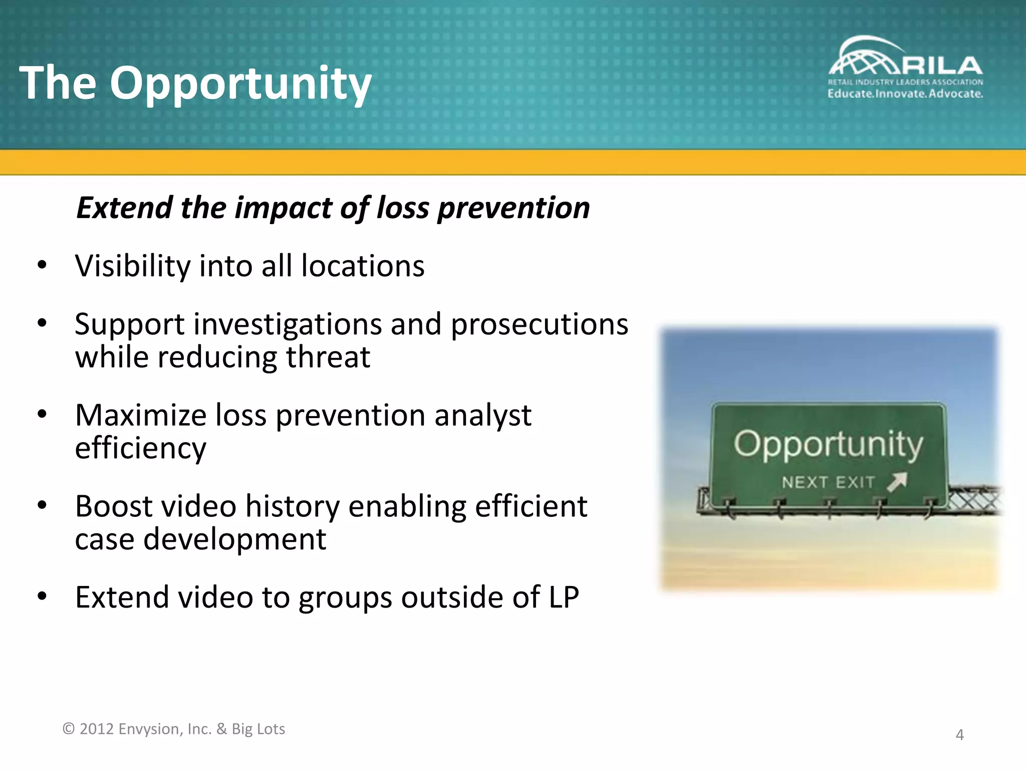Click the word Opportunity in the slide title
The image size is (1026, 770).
tap(240, 84)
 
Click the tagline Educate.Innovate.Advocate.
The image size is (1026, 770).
tap(905, 94)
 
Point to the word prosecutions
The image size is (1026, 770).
tap(539, 325)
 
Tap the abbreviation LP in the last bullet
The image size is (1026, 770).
tap(564, 598)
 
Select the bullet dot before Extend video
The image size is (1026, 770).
tap(42, 596)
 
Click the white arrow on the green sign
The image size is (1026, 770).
tap(897, 482)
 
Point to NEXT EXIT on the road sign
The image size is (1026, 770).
tap(828, 482)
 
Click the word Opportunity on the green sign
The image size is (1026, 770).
tap(828, 444)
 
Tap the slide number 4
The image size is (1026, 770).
tap(959, 735)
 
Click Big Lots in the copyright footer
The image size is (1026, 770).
tap(258, 729)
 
